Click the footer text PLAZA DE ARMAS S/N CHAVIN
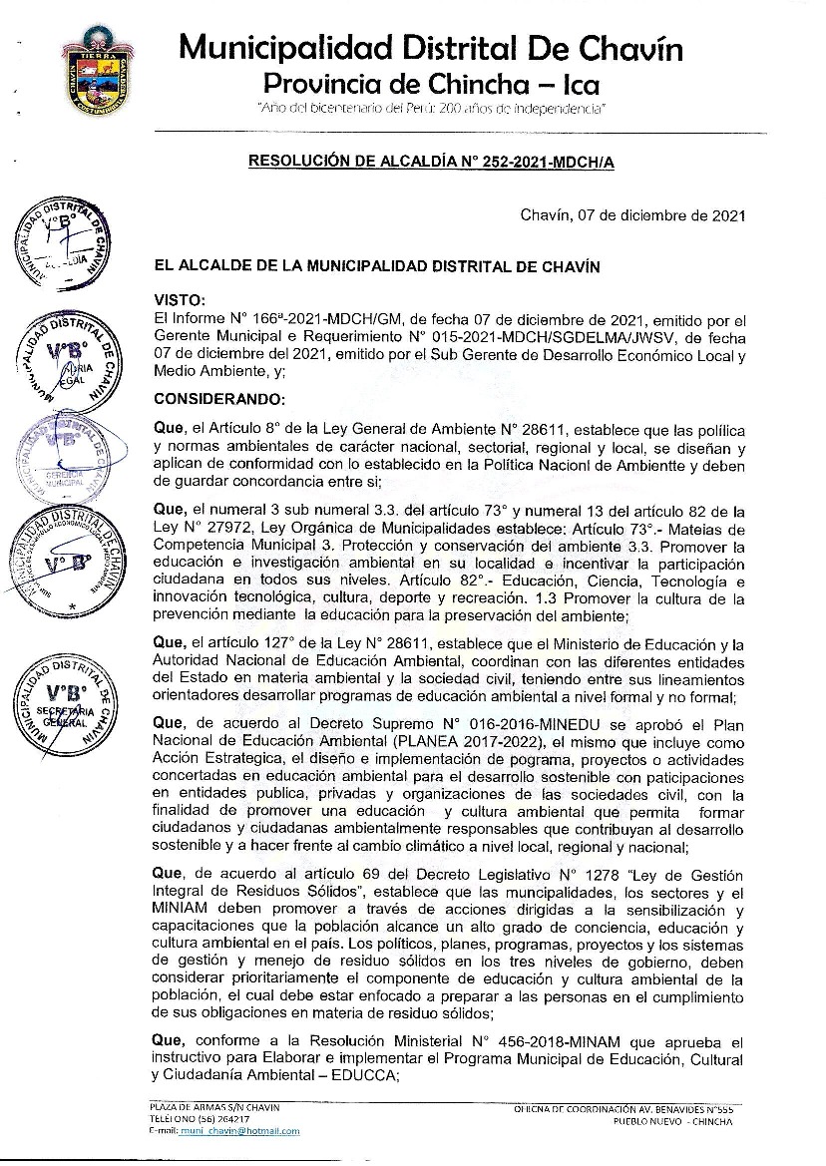pyautogui.click(x=214, y=1108)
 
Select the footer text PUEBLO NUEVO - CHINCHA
pyautogui.click(x=673, y=1121)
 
